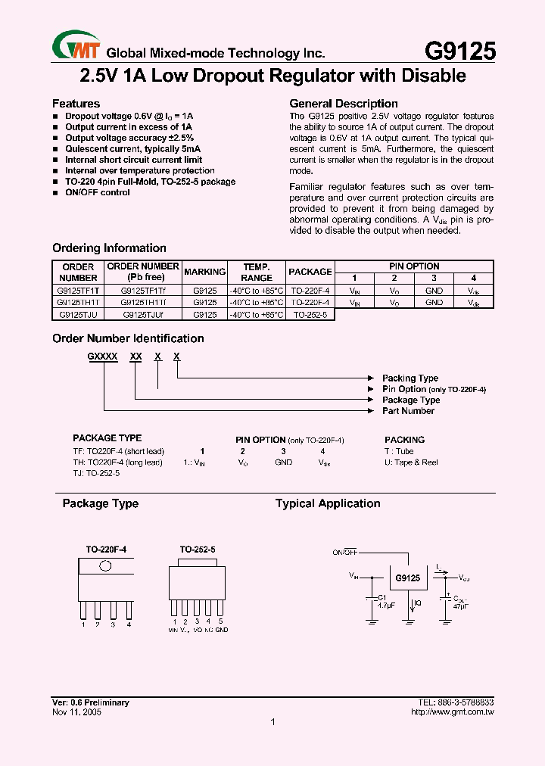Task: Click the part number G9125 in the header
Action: coord(459,51)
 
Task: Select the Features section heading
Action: coord(76,104)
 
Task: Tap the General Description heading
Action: coord(344,104)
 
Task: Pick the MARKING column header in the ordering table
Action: coord(204,272)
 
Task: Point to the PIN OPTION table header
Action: coord(414,266)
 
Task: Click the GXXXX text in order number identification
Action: coord(102,355)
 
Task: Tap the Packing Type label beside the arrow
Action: coord(410,378)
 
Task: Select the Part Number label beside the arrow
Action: coord(408,411)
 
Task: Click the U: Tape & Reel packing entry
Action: coord(411,462)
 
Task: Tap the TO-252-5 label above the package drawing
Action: coord(197,549)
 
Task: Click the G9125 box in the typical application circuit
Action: coord(407,578)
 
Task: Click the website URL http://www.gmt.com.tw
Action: coord(452,712)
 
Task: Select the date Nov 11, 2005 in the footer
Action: coord(77,712)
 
